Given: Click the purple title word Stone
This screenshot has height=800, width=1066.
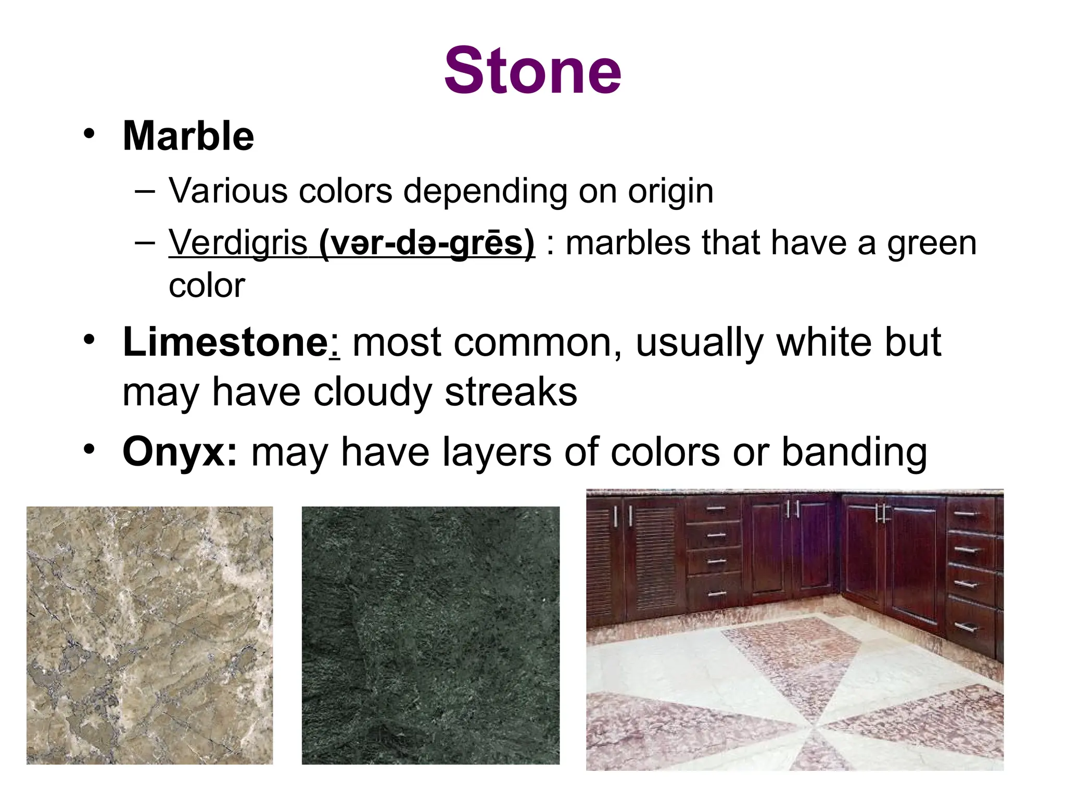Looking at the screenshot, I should (532, 71).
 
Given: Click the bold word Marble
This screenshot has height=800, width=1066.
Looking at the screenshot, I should (188, 136).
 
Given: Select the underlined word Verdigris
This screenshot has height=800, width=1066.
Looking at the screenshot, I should (238, 243).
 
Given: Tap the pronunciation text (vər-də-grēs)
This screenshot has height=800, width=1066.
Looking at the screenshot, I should (426, 243).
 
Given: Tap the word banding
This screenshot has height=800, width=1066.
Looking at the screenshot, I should (854, 452).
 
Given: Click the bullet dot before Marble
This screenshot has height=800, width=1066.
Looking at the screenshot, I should (90, 133).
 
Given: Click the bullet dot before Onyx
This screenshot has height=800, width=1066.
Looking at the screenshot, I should (90, 449).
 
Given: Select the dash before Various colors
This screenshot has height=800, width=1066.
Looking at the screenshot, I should (144, 191).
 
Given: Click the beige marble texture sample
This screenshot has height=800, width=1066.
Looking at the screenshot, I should (149, 635).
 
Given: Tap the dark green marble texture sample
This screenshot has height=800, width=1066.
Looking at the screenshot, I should (430, 635).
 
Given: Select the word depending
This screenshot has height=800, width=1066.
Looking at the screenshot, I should (485, 191).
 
